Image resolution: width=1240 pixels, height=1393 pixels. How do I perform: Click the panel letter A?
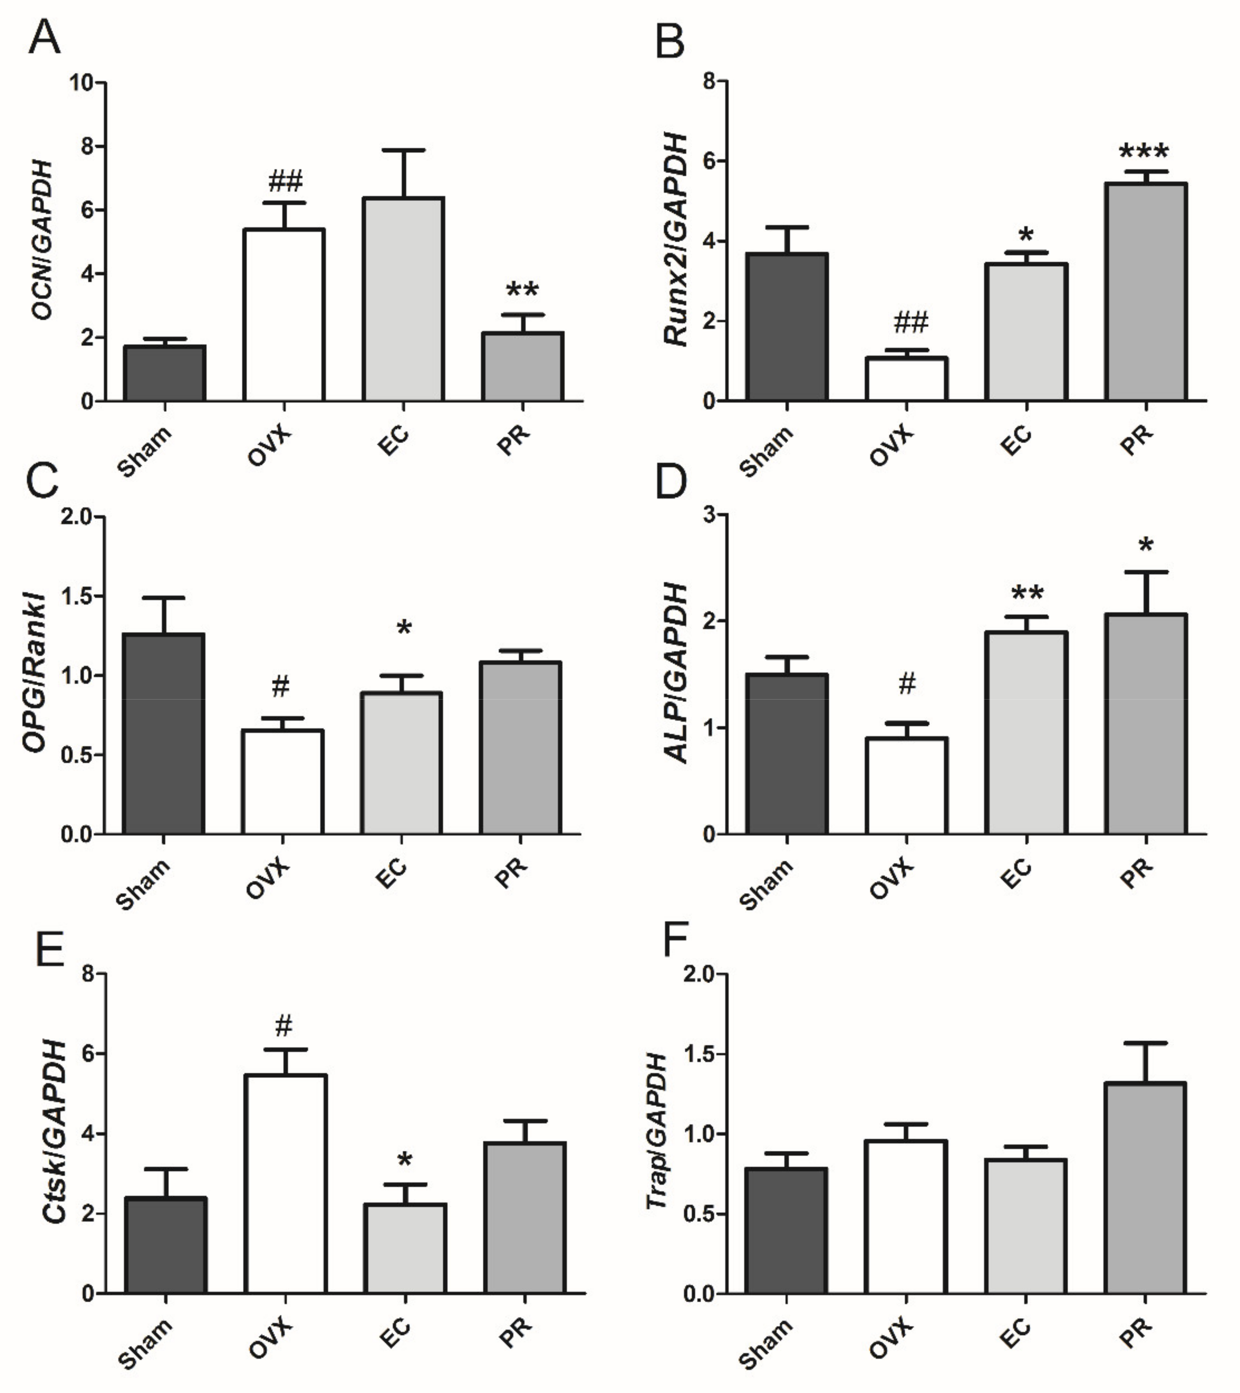pyautogui.click(x=44, y=38)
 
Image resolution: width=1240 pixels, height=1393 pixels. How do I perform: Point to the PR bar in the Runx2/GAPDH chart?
pyautogui.click(x=1146, y=292)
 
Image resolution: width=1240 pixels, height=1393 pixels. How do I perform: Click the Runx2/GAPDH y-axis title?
pyautogui.click(x=677, y=240)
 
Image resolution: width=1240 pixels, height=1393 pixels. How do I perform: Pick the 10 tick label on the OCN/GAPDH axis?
pyautogui.click(x=82, y=83)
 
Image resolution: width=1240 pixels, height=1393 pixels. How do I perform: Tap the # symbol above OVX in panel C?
pyautogui.click(x=280, y=687)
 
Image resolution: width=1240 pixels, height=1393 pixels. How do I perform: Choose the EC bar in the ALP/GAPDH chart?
pyautogui.click(x=1026, y=733)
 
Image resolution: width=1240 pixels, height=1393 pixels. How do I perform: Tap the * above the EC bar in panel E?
pyautogui.click(x=405, y=1160)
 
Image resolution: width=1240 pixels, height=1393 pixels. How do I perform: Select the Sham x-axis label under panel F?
pyautogui.click(x=766, y=1343)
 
